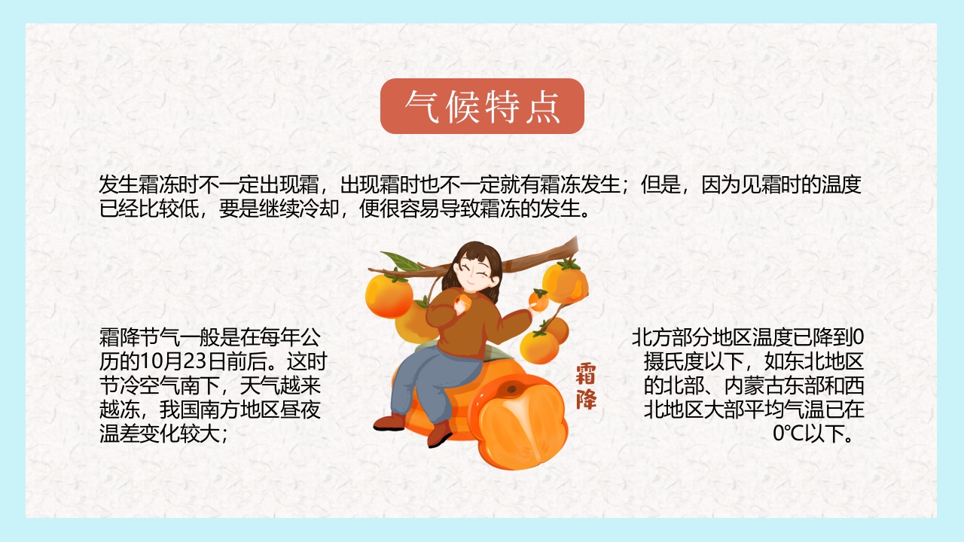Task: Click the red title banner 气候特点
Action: [482, 106]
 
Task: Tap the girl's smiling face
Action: [476, 273]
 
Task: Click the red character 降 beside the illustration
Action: [586, 399]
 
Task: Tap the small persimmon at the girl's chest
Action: [464, 303]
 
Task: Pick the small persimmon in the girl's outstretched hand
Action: [538, 301]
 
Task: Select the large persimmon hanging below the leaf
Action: [389, 296]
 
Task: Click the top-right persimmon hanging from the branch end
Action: [565, 282]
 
